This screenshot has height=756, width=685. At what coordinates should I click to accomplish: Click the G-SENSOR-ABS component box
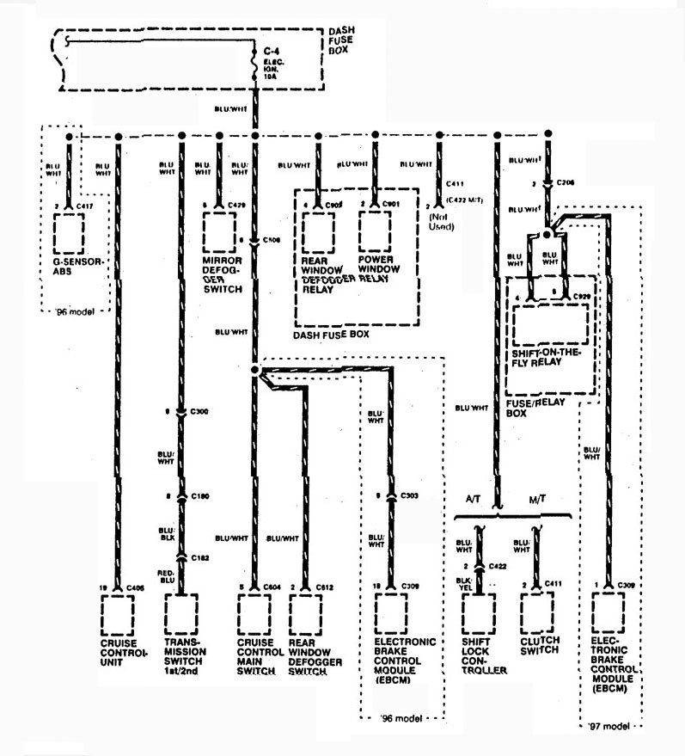[68, 230]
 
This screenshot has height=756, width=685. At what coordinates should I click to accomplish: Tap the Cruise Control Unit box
[117, 613]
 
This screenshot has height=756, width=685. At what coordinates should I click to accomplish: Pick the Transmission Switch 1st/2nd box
[180, 613]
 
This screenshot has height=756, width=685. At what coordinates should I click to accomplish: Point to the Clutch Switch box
[537, 611]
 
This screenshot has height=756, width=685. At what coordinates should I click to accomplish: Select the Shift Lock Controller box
[479, 611]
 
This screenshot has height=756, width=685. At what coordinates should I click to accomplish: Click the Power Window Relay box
[375, 230]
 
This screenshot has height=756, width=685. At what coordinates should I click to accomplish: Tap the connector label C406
[134, 587]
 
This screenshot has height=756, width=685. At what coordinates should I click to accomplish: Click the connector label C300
[200, 412]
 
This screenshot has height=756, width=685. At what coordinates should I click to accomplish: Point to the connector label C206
[565, 183]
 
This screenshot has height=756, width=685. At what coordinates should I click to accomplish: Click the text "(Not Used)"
[440, 222]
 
